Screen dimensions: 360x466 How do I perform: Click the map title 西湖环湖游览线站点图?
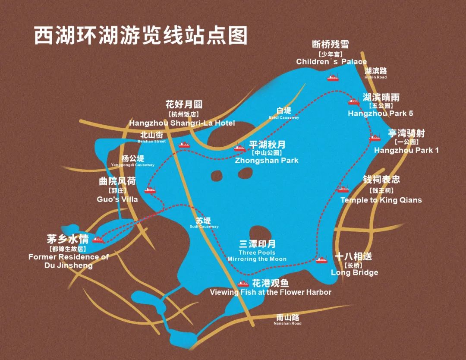[141, 35]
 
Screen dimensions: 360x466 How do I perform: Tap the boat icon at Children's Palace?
[333, 78]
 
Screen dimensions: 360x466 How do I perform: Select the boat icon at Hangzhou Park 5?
[354, 102]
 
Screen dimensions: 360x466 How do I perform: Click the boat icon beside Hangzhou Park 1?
[375, 138]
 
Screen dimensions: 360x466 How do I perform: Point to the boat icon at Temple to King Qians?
[343, 189]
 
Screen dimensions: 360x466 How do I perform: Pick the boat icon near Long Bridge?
[321, 260]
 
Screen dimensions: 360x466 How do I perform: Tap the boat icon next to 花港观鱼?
[243, 284]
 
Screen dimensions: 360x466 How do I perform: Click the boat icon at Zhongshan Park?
[239, 148]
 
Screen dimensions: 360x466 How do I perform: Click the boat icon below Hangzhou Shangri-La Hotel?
[184, 145]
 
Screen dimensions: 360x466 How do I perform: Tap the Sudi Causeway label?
[204, 223]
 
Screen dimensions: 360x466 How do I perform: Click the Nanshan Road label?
[288, 320]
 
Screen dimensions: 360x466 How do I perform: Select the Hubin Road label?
[375, 73]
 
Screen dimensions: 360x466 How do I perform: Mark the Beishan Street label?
[151, 138]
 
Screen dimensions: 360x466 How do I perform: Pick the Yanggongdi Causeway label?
[132, 161]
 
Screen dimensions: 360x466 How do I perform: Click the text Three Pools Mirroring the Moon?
[257, 256]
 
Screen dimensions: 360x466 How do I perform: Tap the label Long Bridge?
[354, 272]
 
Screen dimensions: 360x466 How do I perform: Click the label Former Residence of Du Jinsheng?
[69, 261]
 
